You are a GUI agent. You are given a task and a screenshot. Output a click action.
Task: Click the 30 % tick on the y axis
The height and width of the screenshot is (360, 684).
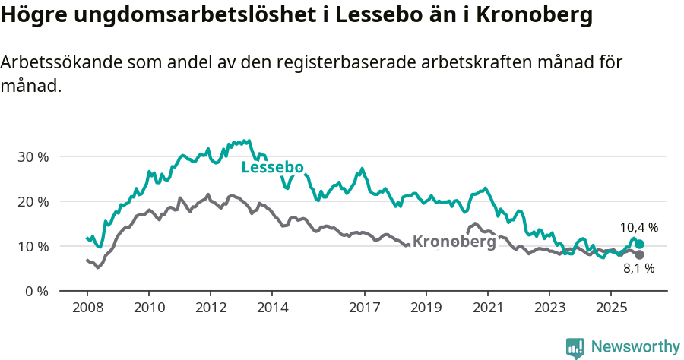33,156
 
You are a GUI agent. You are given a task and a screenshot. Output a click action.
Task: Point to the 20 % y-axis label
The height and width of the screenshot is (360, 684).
33,201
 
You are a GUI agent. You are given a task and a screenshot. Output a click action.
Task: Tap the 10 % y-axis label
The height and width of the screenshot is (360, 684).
33,246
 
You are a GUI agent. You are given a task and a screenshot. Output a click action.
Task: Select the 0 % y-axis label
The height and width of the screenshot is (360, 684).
36,291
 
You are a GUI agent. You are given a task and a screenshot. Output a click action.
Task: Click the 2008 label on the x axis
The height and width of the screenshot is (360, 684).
87,308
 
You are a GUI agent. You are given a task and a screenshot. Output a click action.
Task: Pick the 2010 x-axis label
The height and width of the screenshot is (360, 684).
148,308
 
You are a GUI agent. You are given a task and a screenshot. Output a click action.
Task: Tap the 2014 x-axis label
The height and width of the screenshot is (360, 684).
272,308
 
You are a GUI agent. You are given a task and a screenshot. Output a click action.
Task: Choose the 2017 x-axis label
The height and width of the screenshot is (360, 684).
364,308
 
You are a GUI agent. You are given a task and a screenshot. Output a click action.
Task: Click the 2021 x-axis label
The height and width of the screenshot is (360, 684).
487,308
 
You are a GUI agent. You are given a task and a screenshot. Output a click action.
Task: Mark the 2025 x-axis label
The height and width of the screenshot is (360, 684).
610,308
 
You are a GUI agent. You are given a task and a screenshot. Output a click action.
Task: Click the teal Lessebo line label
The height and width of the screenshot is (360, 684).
272,168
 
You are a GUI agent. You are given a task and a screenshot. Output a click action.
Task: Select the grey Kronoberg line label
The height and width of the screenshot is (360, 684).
454,242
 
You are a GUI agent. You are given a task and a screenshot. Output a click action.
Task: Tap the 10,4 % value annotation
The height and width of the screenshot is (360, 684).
638,227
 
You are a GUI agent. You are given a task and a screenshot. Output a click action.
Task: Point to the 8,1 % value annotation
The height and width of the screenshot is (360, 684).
638,268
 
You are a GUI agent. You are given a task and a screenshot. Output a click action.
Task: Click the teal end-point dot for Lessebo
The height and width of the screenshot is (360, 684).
639,244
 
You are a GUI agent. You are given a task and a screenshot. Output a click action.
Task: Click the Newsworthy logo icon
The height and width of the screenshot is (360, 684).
575,348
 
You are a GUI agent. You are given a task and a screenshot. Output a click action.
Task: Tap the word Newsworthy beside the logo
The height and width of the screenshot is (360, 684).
635,347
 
